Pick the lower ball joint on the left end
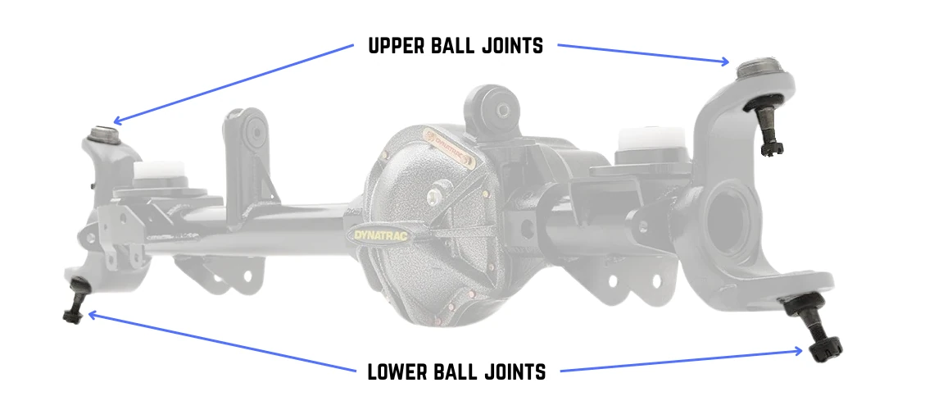(76, 300)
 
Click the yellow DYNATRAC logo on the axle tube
(381, 235)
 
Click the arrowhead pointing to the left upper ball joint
(116, 121)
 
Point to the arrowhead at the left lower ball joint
(92, 314)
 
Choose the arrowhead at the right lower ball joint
(799, 351)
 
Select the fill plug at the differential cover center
(438, 194)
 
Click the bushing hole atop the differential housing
(503, 110)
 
